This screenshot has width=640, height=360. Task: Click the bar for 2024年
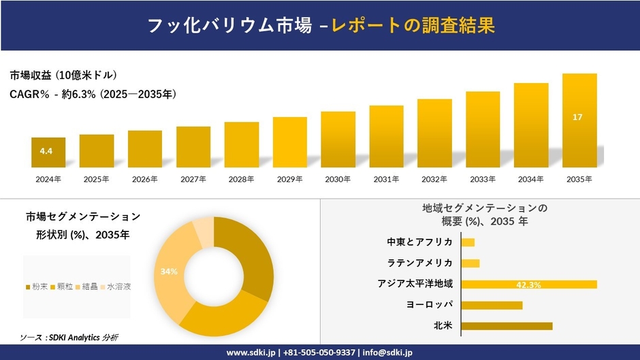tap(48, 152)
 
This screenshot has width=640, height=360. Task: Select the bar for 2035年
tap(579, 120)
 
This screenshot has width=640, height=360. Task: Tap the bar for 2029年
tap(289, 142)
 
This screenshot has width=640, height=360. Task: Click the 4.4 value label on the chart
tap(46, 151)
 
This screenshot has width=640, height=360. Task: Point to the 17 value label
tap(577, 118)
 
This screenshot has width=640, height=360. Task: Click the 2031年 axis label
tap(386, 180)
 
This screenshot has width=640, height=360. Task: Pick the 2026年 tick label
tap(145, 180)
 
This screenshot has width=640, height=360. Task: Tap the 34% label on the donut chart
tap(169, 272)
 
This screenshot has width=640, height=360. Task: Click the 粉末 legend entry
tap(37, 287)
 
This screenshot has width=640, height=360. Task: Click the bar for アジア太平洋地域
tap(528, 284)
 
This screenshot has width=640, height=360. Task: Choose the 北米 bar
tap(507, 326)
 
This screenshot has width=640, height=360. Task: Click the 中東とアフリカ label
tap(419, 242)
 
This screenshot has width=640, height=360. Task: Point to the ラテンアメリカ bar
tap(470, 263)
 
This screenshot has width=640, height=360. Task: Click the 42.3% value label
tap(528, 284)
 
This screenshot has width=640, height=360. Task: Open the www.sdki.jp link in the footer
tap(251, 353)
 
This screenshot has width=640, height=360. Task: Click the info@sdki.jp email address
tap(387, 353)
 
